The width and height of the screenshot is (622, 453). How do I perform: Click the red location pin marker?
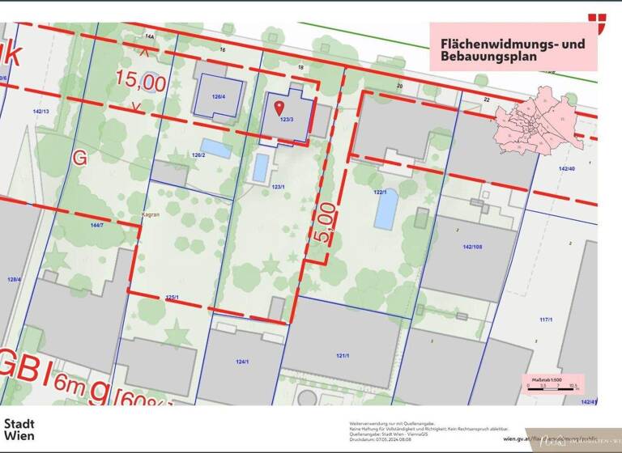279,107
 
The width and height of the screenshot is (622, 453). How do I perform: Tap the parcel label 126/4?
218,96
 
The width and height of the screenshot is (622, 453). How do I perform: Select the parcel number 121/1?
342,355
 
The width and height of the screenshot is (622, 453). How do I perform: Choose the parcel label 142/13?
40,111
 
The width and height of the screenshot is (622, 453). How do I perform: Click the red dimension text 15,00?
140,82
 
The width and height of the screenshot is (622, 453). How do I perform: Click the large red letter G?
79,158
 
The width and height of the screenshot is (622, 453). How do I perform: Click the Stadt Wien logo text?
20,429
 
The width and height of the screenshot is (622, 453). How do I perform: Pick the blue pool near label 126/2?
215,148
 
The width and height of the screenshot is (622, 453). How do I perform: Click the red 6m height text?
70,387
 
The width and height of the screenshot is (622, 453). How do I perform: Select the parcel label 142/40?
566,168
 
